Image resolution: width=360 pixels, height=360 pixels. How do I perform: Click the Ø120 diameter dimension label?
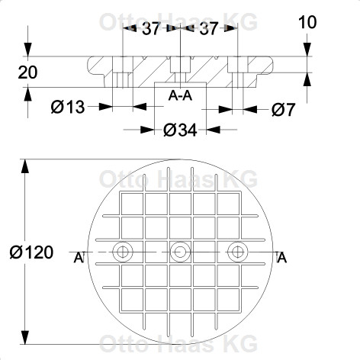(x=31, y=252)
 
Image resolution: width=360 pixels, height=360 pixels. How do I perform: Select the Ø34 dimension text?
(x=180, y=130)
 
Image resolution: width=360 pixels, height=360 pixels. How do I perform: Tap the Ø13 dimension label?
(x=68, y=107)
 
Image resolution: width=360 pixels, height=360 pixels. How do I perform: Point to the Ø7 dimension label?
(x=283, y=110)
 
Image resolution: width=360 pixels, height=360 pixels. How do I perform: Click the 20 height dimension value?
(x=27, y=72)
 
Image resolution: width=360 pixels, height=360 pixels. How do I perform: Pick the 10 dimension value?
(x=307, y=22)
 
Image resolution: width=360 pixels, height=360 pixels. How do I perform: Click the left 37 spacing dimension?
(x=152, y=28)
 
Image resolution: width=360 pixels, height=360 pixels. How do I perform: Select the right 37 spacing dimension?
(x=209, y=28)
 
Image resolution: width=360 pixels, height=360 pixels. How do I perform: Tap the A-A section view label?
(x=180, y=96)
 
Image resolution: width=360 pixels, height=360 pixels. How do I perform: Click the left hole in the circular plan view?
(x=123, y=252)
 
